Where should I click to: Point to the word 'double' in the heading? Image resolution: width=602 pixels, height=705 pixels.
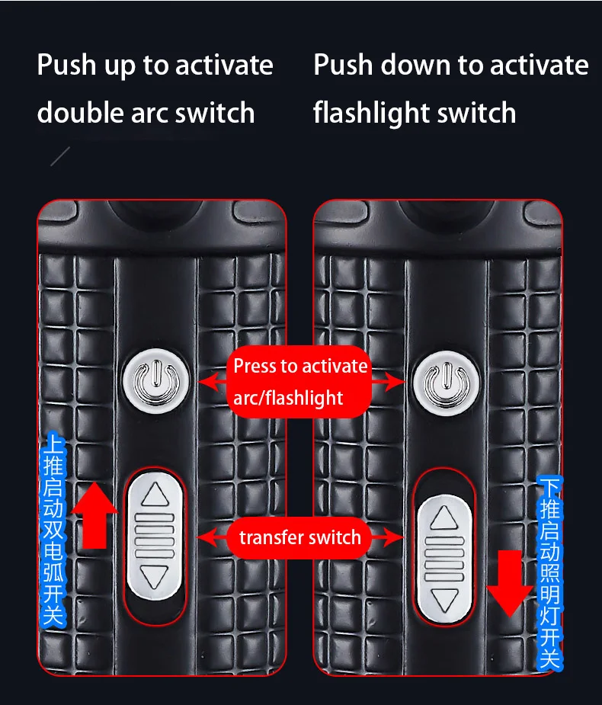point(80,113)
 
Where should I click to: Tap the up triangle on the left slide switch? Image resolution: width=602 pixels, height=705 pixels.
point(155,496)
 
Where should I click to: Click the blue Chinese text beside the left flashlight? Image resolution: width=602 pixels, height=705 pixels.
point(53,529)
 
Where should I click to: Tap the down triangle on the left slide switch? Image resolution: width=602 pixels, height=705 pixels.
point(155,577)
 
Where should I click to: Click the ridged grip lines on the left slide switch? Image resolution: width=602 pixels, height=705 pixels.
point(155,537)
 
